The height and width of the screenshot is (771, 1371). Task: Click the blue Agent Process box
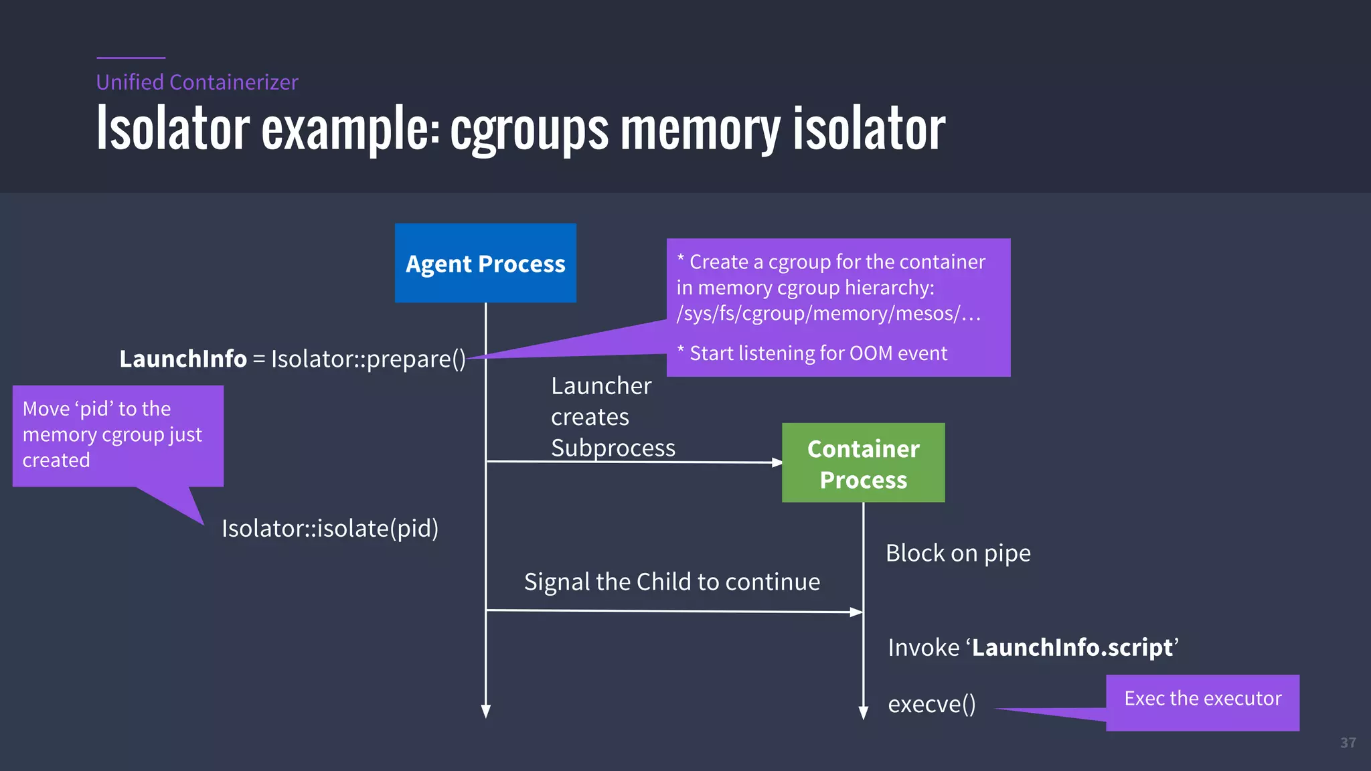pos(485,263)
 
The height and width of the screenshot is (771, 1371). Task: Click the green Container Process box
pos(863,463)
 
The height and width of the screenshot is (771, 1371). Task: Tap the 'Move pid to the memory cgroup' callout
pos(117,435)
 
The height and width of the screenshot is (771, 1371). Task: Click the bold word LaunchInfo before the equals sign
pos(183,359)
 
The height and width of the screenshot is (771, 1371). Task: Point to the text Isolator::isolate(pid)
pos(330,529)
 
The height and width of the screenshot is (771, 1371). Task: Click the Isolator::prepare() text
pos(368,359)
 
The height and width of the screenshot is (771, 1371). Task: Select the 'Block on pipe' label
pos(958,553)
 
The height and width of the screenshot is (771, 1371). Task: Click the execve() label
pos(931,705)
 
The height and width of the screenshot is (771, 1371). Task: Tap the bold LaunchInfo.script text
pos(1072,648)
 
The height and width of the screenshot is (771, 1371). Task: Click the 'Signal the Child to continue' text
pos(671,582)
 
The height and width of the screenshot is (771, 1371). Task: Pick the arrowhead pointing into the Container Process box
pos(777,462)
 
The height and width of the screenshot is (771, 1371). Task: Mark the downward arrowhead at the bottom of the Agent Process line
pos(486,711)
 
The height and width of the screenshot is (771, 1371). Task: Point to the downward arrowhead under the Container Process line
pos(864,713)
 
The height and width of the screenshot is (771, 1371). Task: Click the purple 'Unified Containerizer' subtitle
pos(197,82)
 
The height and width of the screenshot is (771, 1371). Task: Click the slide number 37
pos(1348,743)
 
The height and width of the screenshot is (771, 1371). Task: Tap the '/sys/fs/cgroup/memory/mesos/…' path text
pos(828,314)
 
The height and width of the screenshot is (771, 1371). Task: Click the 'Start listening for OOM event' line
pos(817,353)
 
